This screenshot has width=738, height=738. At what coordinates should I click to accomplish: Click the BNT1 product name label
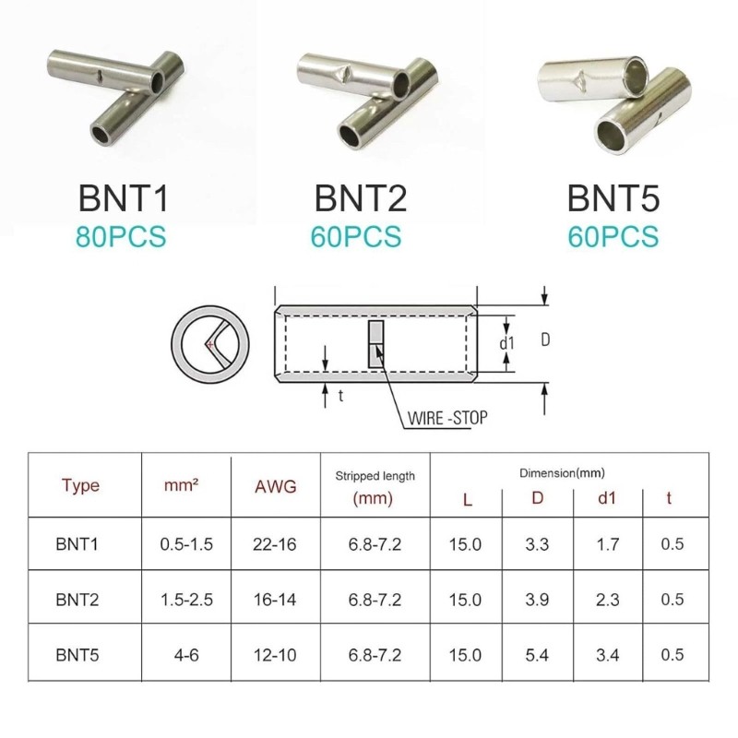[124, 198]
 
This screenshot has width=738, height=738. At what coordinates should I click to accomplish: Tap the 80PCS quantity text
[121, 236]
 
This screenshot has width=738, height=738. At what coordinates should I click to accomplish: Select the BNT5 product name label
[613, 198]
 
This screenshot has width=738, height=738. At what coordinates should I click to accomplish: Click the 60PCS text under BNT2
[356, 236]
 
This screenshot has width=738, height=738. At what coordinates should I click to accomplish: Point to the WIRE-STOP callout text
[447, 418]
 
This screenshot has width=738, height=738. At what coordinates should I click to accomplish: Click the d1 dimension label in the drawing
[506, 343]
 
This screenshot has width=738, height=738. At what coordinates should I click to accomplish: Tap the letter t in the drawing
[340, 396]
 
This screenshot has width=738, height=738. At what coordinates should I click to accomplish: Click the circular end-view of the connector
[210, 345]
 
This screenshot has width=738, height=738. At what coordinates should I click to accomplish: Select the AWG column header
[275, 486]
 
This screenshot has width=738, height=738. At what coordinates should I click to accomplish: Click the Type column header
[80, 485]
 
